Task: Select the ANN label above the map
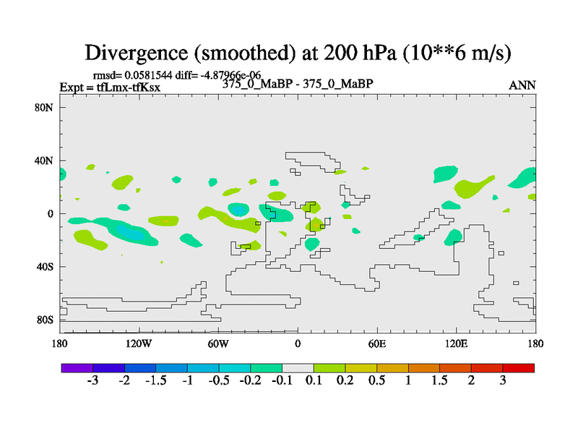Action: (522, 85)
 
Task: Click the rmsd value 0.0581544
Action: (154, 75)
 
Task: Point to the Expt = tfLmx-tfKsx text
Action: (110, 88)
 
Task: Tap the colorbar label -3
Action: (92, 381)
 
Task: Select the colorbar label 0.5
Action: (376, 381)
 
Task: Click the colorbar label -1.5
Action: (156, 381)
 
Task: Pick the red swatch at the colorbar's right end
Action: (519, 368)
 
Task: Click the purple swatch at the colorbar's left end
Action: (77, 368)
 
